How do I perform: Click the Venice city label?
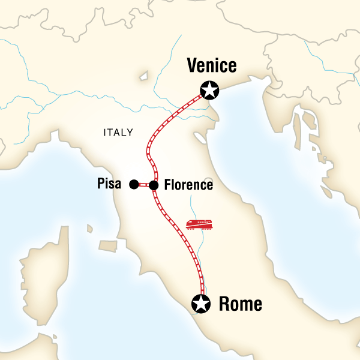[212, 65]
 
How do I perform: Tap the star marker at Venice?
[209, 91]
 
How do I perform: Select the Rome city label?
[241, 304]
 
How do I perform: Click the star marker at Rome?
[200, 304]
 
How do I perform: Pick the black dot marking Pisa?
[133, 185]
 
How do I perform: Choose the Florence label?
[188, 185]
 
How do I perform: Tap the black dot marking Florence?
[154, 185]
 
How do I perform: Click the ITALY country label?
[118, 133]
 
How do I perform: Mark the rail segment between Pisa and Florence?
[143, 185]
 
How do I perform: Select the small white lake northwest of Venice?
[143, 77]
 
